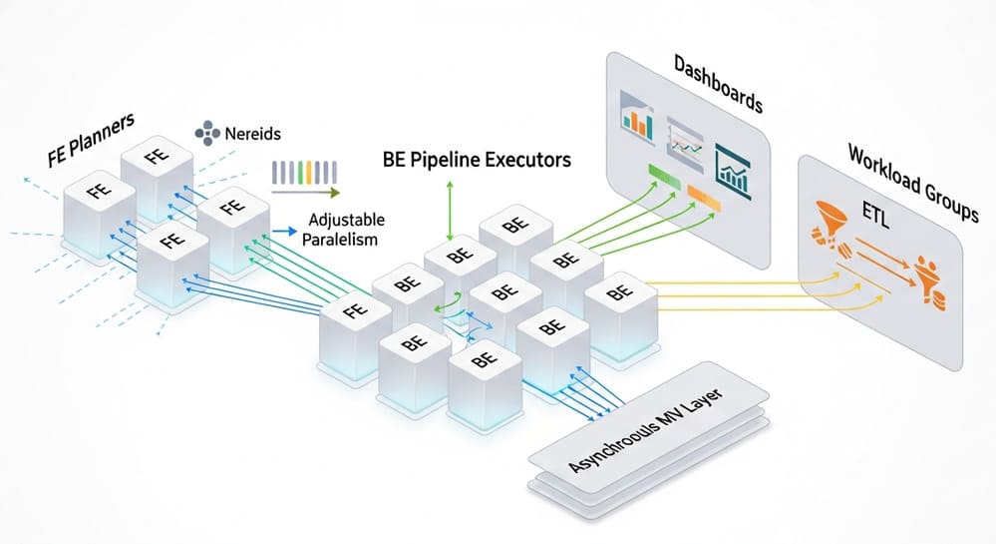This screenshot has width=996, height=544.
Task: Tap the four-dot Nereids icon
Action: [x=204, y=133]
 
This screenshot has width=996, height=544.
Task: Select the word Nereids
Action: [x=252, y=133]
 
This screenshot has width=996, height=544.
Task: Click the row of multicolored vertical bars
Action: [x=304, y=171]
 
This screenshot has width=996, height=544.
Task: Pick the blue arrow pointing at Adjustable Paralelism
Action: [x=286, y=231]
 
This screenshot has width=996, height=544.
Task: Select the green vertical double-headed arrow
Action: [x=451, y=210]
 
